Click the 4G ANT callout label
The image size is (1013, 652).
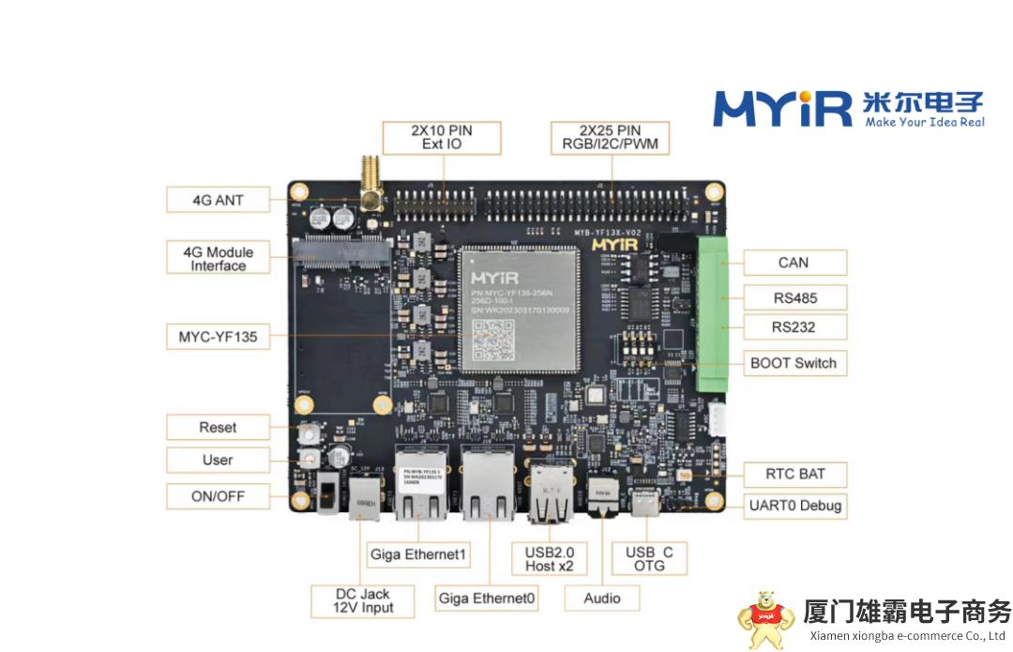(218, 200)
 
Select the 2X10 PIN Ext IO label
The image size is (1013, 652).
(441, 137)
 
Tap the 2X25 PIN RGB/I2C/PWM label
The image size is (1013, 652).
(610, 137)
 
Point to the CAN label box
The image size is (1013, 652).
(794, 263)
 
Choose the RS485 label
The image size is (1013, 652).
(794, 298)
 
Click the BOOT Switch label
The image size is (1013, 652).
(794, 363)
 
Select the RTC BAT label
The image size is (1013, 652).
(794, 474)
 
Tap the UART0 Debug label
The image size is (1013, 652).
(794, 506)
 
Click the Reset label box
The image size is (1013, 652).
(218, 427)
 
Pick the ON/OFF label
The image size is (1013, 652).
(218, 495)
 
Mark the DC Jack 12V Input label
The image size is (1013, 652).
(363, 600)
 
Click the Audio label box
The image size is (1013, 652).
(601, 598)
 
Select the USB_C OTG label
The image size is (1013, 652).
(649, 558)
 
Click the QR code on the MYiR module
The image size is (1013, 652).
(493, 340)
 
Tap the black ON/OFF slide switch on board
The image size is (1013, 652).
(326, 493)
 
